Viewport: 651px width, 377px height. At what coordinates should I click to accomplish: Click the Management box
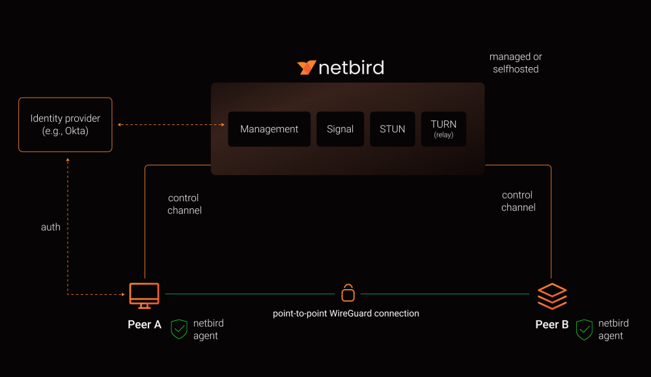(269, 129)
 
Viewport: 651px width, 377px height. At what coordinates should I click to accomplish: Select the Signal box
(340, 129)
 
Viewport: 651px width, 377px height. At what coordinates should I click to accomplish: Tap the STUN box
(393, 129)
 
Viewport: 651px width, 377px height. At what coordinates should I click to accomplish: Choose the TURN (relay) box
(443, 129)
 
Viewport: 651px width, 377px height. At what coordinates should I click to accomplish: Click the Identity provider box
(65, 124)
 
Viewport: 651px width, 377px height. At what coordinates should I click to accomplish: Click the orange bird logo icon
(307, 68)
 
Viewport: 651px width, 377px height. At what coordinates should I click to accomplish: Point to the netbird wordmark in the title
(351, 68)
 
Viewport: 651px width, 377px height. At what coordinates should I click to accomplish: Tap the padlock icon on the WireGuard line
(348, 293)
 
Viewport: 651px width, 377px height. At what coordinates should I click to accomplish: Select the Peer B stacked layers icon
(552, 296)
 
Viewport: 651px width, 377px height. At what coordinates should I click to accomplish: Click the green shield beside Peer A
(179, 329)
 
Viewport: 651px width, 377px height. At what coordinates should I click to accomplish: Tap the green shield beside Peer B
(585, 329)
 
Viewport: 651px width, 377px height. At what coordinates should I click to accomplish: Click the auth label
(51, 227)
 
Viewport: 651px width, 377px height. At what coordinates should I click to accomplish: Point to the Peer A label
(145, 324)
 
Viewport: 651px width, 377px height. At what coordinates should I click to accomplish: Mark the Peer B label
(552, 324)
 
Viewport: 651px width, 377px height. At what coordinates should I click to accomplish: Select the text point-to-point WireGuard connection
(346, 313)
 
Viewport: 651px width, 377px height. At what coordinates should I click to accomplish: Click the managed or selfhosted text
(516, 63)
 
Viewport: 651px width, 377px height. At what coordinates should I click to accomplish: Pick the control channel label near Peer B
(518, 201)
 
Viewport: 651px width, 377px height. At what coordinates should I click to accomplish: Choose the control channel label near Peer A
(184, 204)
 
